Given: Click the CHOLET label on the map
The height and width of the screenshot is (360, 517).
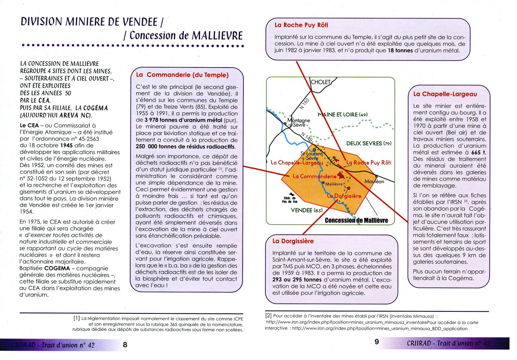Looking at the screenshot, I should pos(321,82).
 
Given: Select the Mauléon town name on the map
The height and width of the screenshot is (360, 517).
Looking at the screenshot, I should pos(374,182).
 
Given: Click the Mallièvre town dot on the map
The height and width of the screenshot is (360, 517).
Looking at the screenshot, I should pos(323,183).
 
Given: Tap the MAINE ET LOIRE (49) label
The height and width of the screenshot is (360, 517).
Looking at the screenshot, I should pos(343,115).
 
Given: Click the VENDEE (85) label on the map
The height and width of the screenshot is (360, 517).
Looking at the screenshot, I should pos(307,210).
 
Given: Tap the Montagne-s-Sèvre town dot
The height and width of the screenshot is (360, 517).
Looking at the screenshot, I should pos(285,123).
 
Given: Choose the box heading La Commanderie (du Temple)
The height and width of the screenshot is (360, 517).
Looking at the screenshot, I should pos(182,75).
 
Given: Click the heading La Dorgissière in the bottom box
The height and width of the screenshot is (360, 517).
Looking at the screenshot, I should pos(293,241).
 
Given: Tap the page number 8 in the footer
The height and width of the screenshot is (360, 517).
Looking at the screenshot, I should pos(125,344).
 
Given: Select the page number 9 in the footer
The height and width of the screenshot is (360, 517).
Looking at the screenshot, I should pos(376,342).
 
